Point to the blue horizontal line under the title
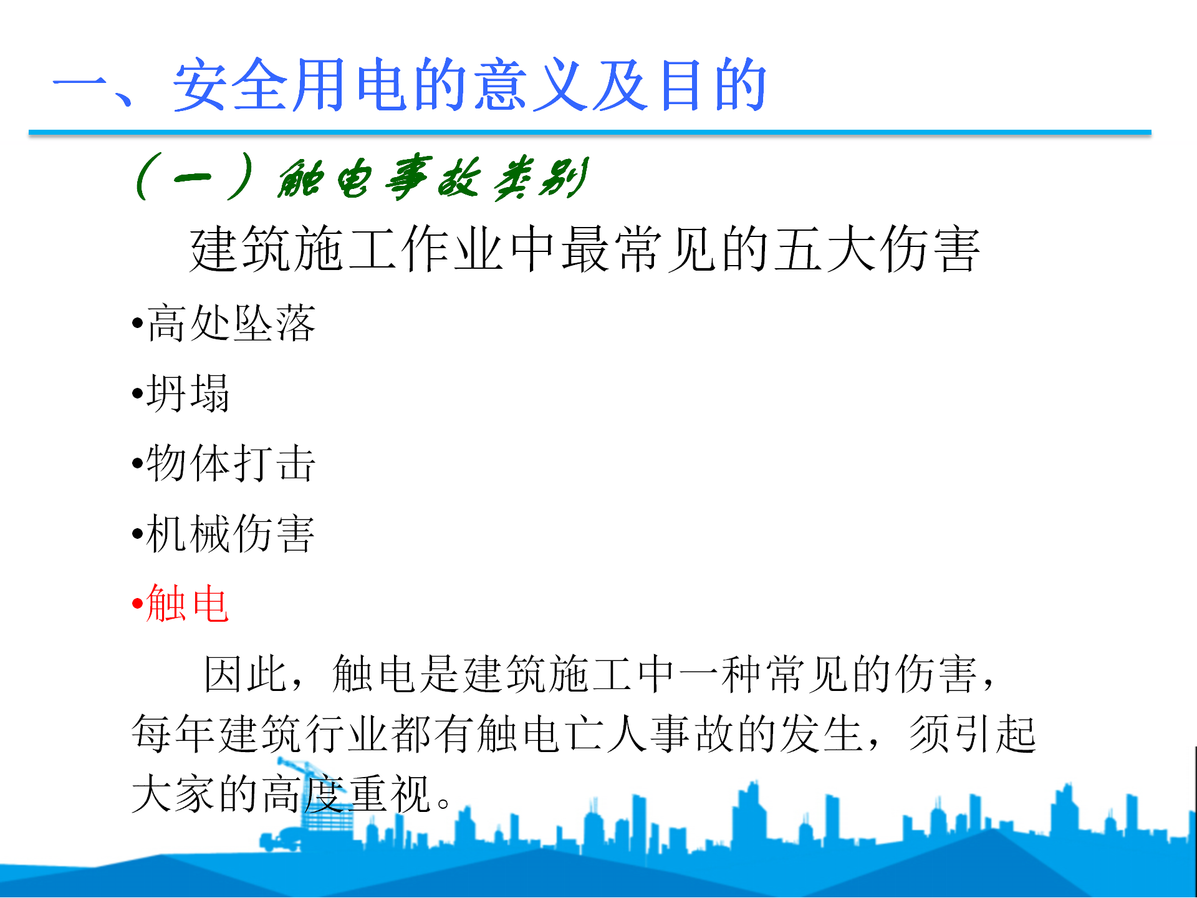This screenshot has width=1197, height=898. [590, 132]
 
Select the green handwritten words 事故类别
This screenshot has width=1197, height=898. [486, 178]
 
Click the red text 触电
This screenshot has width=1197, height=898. [188, 603]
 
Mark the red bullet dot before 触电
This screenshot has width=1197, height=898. [138, 604]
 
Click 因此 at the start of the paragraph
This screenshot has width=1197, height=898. [246, 674]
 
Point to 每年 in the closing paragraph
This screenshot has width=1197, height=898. [173, 733]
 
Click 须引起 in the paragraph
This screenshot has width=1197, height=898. [973, 733]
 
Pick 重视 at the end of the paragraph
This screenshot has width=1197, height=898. [391, 793]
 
